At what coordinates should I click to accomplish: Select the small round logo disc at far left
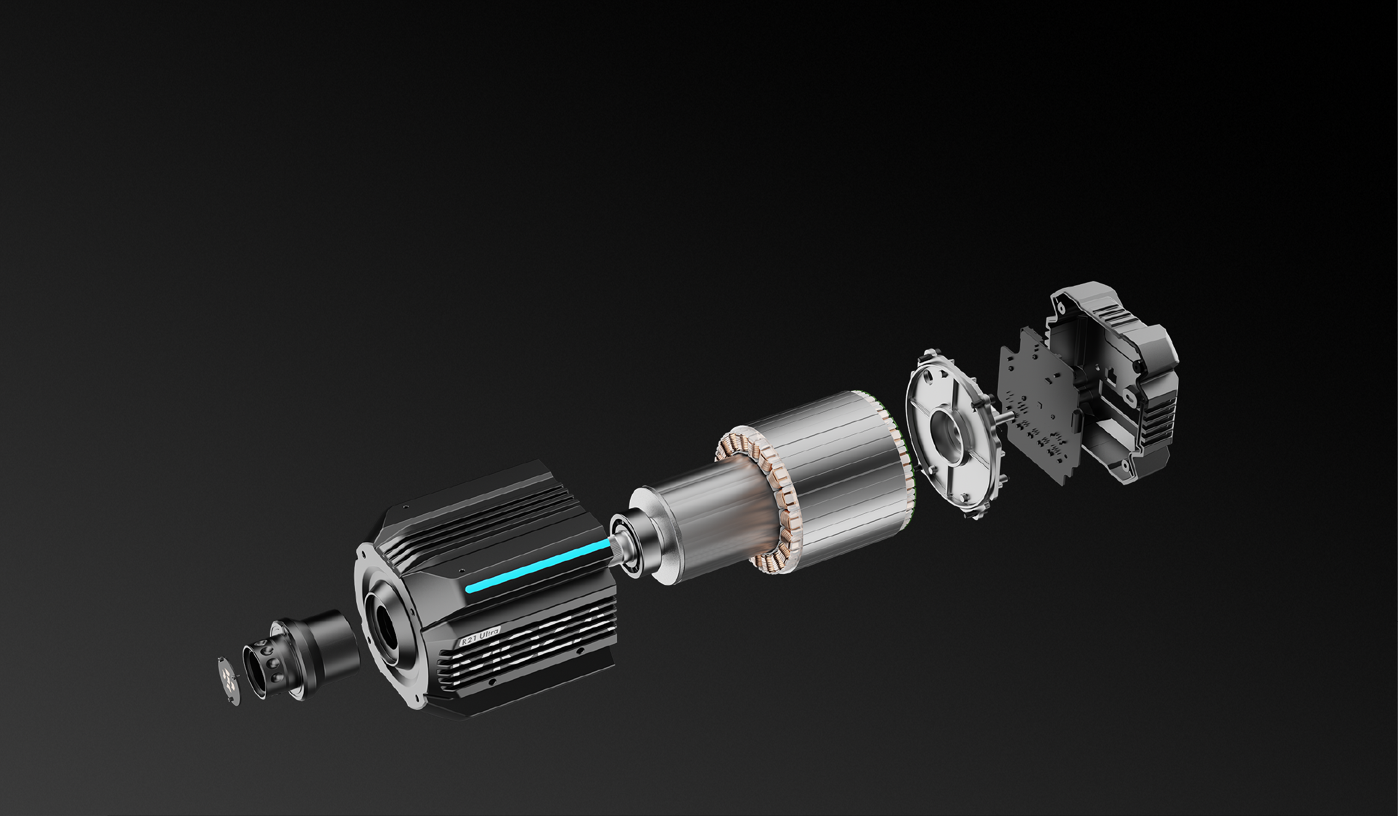pyautogui.click(x=229, y=680)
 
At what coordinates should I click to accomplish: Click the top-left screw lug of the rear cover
pyautogui.click(x=1061, y=305)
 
